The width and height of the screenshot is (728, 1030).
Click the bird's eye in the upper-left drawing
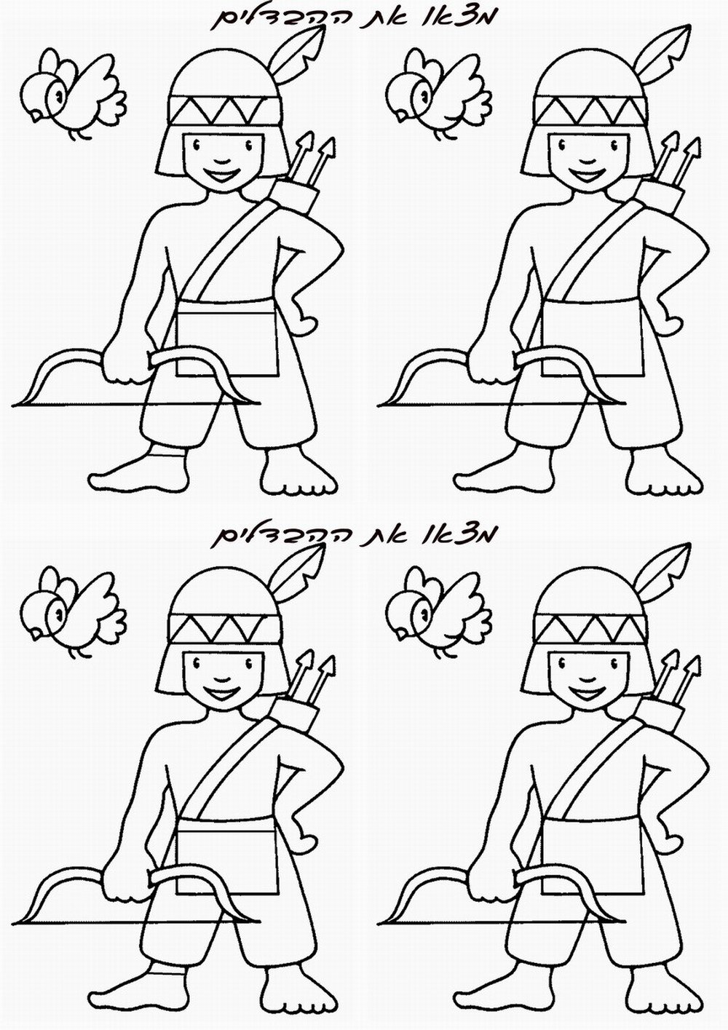pos(58,95)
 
